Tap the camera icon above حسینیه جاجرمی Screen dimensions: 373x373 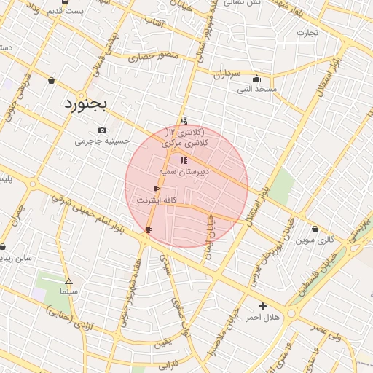click(x=102, y=130)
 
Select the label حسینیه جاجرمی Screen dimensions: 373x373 click(x=102, y=141)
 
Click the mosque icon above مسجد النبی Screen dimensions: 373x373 click(x=256, y=79)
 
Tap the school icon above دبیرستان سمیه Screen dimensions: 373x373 click(x=183, y=160)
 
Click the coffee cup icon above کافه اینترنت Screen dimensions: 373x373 click(x=156, y=189)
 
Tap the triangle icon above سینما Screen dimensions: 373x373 click(x=68, y=280)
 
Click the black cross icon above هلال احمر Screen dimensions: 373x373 click(x=262, y=306)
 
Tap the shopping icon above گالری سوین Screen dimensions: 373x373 click(x=315, y=229)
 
